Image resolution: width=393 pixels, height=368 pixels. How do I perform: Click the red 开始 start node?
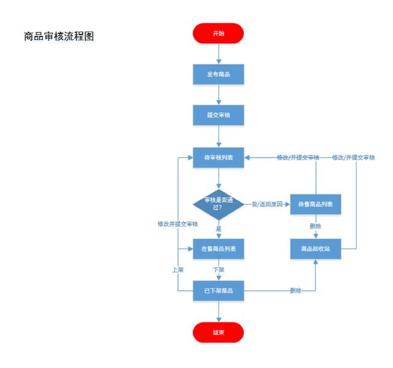(219, 34)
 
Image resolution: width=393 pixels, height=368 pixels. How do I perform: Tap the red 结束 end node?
(219, 332)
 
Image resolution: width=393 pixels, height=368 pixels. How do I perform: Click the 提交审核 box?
(219, 115)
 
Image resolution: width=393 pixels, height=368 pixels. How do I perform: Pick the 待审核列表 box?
(219, 158)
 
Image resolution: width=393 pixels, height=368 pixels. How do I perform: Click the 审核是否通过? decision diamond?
(219, 203)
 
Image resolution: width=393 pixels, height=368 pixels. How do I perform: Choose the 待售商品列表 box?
(316, 204)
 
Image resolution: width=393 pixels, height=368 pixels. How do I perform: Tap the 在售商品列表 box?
(219, 249)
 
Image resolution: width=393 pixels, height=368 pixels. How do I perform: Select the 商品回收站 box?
(316, 249)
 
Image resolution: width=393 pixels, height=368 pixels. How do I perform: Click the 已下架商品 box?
(219, 290)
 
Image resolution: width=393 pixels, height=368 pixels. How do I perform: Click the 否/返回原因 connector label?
(267, 204)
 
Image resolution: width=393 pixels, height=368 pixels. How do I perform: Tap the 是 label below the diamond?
(219, 228)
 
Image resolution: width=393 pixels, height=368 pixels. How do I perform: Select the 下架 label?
(219, 269)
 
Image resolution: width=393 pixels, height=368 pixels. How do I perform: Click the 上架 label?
(177, 269)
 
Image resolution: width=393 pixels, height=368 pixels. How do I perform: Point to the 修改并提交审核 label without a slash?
(177, 224)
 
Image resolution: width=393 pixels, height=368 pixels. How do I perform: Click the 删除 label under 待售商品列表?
(316, 226)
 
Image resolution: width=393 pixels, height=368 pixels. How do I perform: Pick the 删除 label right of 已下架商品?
(295, 290)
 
